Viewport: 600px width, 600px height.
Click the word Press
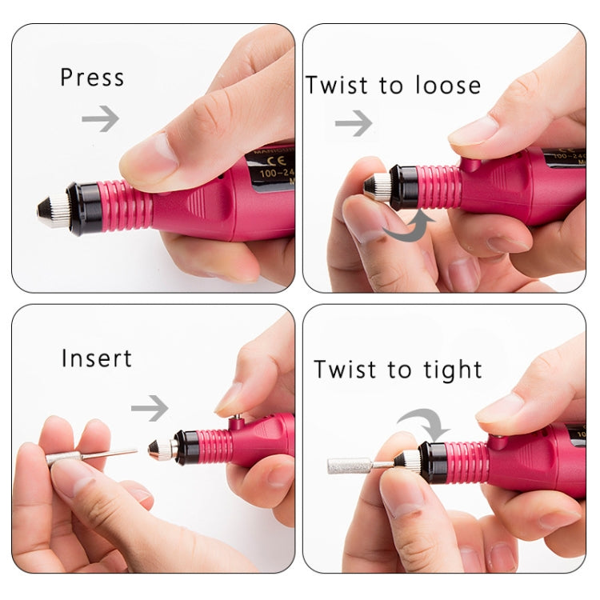pyautogui.click(x=92, y=78)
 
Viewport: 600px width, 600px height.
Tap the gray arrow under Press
pyautogui.click(x=100, y=118)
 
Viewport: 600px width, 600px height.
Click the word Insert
pyautogui.click(x=97, y=358)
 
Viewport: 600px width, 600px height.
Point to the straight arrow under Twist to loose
pyautogui.click(x=354, y=122)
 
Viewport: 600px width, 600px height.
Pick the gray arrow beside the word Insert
pyautogui.click(x=150, y=407)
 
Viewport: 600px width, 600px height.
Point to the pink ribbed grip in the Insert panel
pyautogui.click(x=214, y=446)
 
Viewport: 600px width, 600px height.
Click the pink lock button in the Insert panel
pyautogui.click(x=238, y=418)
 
